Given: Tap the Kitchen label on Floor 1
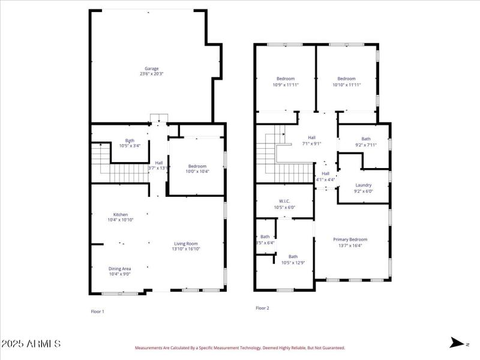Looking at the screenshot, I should point(121,214).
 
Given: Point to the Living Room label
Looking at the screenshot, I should point(186,243).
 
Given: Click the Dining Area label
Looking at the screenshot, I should point(120,268).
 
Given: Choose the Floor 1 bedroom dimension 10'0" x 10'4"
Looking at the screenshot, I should point(197,172).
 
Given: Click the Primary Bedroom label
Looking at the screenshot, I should point(350,239).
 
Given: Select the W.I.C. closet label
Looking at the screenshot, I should point(284,201).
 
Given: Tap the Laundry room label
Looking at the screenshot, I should point(364,185).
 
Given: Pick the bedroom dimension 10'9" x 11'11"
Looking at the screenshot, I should point(286,85).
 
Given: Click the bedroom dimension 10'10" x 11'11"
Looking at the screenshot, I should point(346,85).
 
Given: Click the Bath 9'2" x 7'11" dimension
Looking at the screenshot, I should point(366,145).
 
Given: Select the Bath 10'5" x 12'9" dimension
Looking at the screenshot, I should point(293,262).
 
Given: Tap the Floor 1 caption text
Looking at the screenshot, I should point(97,311).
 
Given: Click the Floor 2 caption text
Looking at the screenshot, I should point(262,308).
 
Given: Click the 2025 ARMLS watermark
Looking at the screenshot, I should point(31,344).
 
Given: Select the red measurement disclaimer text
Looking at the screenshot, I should point(240,347).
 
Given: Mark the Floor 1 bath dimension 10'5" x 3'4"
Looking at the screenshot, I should point(130,145).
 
